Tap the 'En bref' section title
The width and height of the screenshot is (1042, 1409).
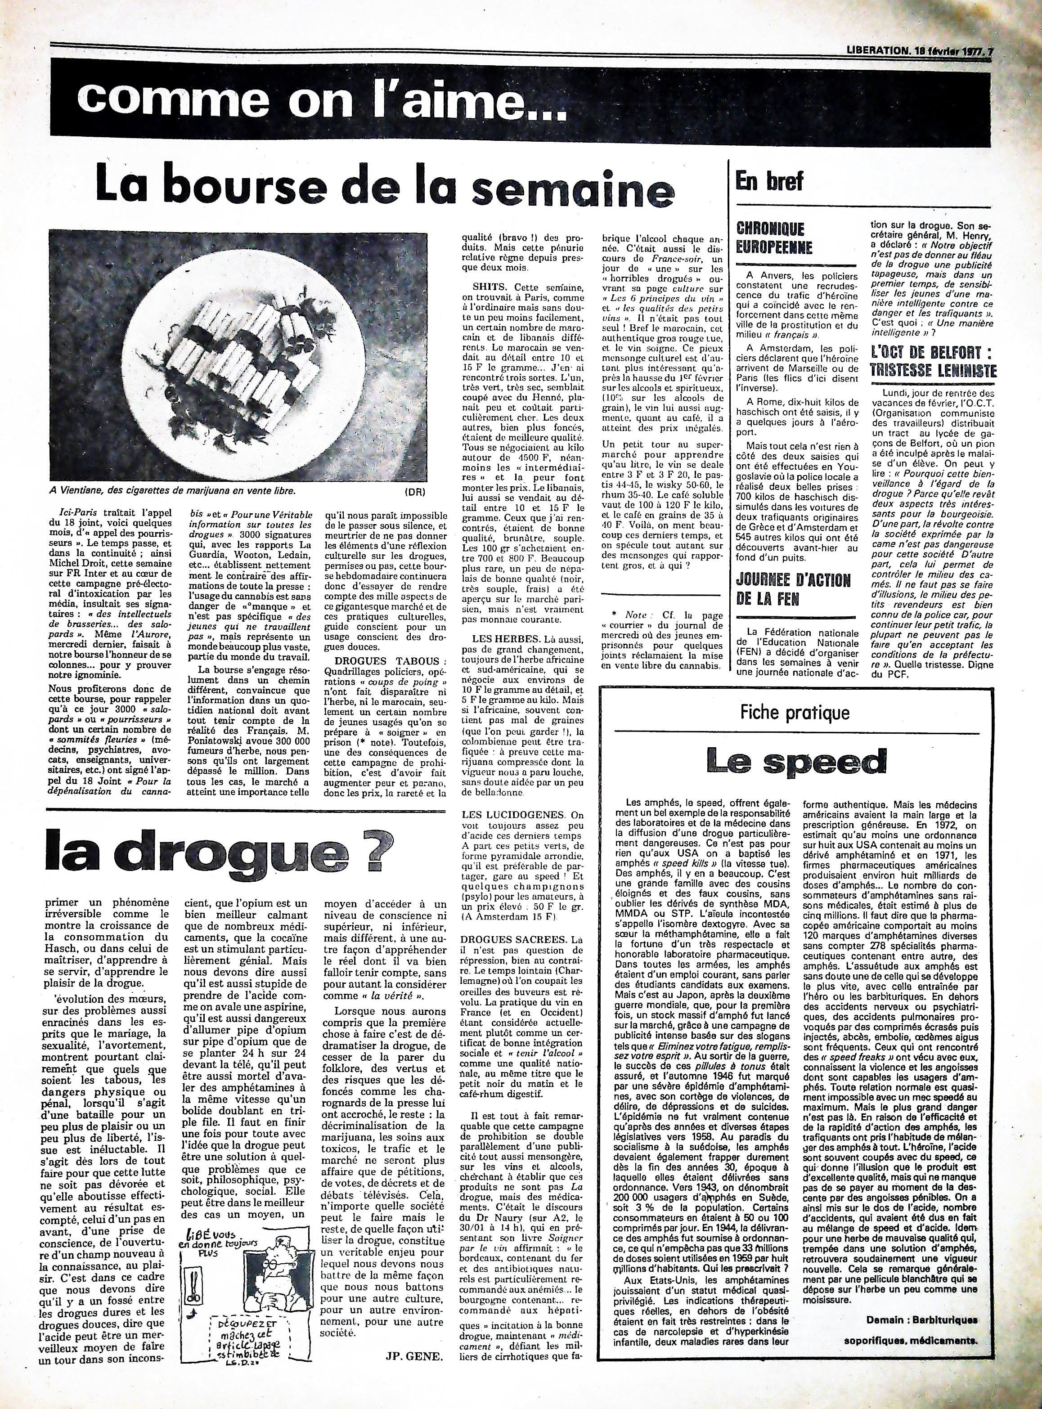[x=769, y=181]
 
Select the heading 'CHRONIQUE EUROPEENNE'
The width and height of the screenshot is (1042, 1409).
[x=770, y=237]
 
